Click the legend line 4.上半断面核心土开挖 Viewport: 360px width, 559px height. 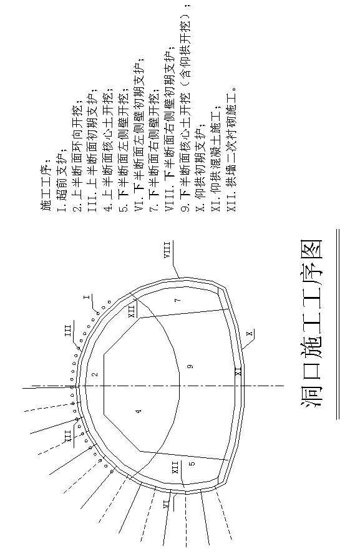109,151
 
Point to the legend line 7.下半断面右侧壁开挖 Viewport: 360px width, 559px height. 155,151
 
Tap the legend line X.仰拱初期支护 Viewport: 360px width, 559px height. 202,167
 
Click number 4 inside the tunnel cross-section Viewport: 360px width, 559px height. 139,411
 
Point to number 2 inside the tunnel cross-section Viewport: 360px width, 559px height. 94,374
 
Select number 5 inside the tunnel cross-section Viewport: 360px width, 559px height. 192,464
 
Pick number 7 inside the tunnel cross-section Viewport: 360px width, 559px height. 177,300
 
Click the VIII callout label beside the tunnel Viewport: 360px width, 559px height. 167,250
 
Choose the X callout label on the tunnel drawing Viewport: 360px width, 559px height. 250,334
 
